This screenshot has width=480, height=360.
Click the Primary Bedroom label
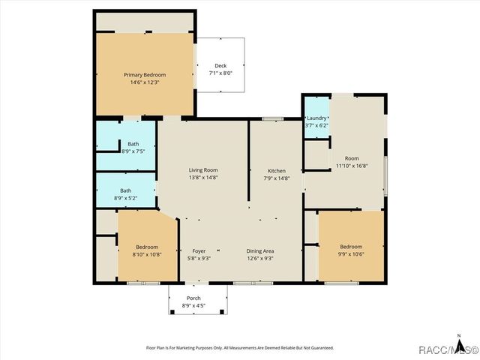pyautogui.click(x=145, y=75)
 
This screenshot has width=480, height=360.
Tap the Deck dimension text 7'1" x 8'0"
pyautogui.click(x=221, y=73)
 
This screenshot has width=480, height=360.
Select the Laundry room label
pyautogui.click(x=316, y=118)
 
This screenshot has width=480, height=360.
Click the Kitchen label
pyautogui.click(x=277, y=170)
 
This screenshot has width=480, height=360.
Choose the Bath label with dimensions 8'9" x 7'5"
pyautogui.click(x=133, y=143)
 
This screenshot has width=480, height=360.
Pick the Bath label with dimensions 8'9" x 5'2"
pyautogui.click(x=133, y=191)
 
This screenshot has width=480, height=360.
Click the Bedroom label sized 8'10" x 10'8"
pyautogui.click(x=147, y=247)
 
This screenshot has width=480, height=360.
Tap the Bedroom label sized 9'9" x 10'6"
pyautogui.click(x=351, y=247)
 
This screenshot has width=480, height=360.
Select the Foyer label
pyautogui.click(x=199, y=250)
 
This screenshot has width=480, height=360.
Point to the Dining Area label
pyautogui.click(x=260, y=250)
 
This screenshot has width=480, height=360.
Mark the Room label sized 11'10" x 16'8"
pyautogui.click(x=352, y=158)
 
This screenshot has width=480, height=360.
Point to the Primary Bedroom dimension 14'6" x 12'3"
pyautogui.click(x=145, y=82)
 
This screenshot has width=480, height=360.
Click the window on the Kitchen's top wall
pyautogui.click(x=272, y=118)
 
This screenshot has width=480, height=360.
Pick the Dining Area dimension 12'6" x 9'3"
pyautogui.click(x=260, y=258)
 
